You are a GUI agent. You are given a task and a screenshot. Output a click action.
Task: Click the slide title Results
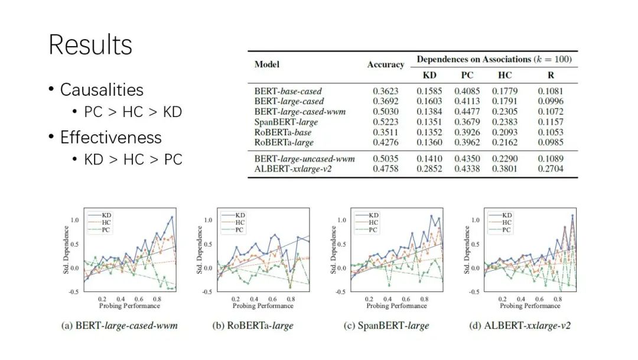[x=90, y=44]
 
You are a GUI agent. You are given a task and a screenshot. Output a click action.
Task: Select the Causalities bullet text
[x=102, y=90]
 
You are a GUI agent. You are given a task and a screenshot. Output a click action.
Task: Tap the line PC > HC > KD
[x=133, y=112]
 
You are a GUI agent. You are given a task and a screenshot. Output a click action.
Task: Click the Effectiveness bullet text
[x=110, y=137]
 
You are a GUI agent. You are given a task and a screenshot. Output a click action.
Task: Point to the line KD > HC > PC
[x=133, y=160]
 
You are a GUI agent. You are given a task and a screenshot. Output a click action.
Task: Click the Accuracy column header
[x=386, y=64]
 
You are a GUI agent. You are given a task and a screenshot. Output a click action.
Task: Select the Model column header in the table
[x=267, y=64]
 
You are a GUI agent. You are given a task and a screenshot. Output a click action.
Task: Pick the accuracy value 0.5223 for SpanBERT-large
[x=385, y=122]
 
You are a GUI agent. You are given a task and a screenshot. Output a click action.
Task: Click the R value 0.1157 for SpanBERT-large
[x=551, y=122]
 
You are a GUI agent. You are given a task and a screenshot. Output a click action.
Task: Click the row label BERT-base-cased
[x=288, y=92]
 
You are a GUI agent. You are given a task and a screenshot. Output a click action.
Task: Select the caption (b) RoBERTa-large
[x=252, y=326]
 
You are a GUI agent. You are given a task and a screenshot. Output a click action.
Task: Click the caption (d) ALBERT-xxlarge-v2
[x=520, y=326]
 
